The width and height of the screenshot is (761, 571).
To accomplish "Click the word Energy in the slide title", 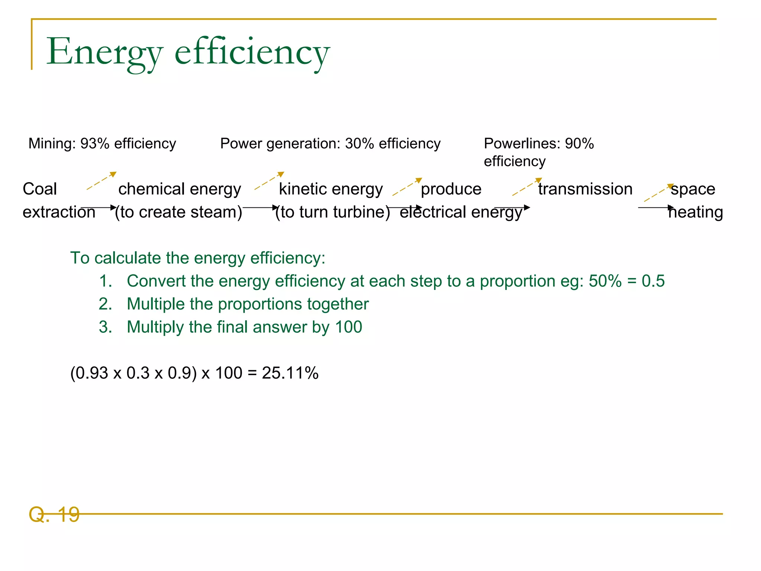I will [104, 52].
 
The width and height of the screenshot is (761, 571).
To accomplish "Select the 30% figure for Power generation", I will [359, 143].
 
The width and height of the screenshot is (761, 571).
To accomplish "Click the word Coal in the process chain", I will [40, 189].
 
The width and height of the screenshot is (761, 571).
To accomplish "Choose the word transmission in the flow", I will [585, 189].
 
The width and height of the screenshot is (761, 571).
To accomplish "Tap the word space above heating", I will [693, 189].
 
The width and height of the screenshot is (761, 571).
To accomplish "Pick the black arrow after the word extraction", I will [98, 207].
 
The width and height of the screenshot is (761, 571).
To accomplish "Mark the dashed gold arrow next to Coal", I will [101, 181].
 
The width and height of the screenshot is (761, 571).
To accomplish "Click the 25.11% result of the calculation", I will [290, 373].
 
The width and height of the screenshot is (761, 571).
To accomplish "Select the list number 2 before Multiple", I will [105, 304].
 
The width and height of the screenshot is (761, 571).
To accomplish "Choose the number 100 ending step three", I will [349, 327].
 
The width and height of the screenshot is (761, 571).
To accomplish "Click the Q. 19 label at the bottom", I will [54, 514].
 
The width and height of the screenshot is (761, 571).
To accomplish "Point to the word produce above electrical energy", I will [451, 189].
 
